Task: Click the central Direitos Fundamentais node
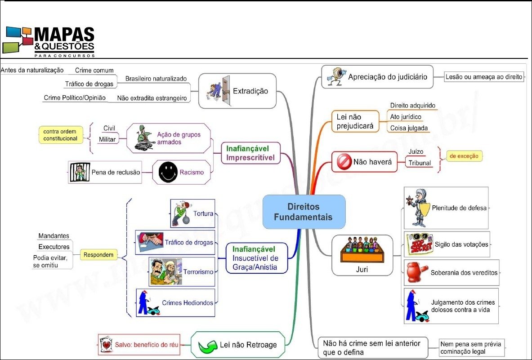point(304,212)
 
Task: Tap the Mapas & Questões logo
point(49,42)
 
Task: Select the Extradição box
point(237,91)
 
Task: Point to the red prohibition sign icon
point(344,162)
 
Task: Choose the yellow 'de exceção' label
point(463,156)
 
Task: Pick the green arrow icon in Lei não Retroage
point(207,345)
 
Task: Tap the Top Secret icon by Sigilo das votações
point(418,244)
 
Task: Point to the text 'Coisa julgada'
point(409,128)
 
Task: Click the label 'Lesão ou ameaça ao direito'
point(484,77)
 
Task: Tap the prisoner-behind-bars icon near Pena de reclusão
point(80,172)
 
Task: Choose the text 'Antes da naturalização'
point(32,70)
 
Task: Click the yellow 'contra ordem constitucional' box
point(61,135)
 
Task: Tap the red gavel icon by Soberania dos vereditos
point(416,272)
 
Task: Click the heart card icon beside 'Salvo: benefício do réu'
point(106,345)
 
